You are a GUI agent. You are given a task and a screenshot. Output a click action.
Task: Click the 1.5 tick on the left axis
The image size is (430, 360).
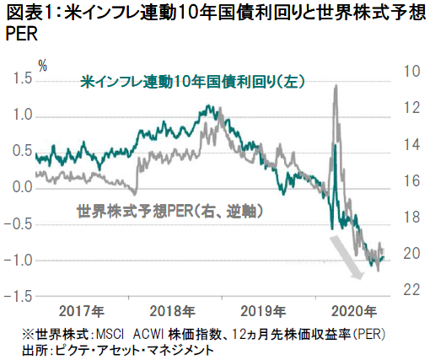coord(23,78)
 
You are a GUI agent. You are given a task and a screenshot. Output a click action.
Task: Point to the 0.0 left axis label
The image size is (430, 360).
coord(23,187)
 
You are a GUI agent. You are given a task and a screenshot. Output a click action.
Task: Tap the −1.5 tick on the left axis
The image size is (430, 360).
coord(19,297)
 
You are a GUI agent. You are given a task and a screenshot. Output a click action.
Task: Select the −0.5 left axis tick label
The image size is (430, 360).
coord(19,224)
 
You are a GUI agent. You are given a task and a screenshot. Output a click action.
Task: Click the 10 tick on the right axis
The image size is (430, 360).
coord(411,71)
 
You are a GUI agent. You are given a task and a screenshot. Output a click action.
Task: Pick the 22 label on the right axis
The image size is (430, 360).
coord(411,289)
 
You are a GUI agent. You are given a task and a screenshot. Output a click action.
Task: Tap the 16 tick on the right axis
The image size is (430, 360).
coord(411,180)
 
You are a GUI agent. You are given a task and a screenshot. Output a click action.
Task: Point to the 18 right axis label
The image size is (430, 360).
coord(411,217)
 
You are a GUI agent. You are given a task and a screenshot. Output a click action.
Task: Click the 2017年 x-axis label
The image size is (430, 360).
coord(82,311)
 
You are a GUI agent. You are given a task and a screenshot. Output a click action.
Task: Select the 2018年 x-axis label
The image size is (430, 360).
coord(172,311)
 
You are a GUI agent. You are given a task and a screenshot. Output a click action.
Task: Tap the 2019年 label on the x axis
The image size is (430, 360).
coord(263,311)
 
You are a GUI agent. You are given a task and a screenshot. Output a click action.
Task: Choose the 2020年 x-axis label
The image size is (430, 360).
coord(354,311)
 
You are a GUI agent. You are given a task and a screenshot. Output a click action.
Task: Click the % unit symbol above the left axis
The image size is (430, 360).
coord(43,67)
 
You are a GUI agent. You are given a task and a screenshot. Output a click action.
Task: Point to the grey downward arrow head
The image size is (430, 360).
coord(358,275)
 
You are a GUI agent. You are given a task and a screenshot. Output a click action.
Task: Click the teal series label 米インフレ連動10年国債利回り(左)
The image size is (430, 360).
coord(192,82)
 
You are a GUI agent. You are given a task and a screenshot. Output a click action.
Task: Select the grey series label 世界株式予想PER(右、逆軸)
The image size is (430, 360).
coord(170,211)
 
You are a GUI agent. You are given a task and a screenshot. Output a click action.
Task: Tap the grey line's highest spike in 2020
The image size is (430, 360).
coord(336,86)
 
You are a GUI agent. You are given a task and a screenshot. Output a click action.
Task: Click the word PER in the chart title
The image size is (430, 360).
coord(22,35)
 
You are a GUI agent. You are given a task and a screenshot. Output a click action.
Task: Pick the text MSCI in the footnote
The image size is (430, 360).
coord(110,335)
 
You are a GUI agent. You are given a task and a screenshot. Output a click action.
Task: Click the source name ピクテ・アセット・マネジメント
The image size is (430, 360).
coord(135,350)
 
